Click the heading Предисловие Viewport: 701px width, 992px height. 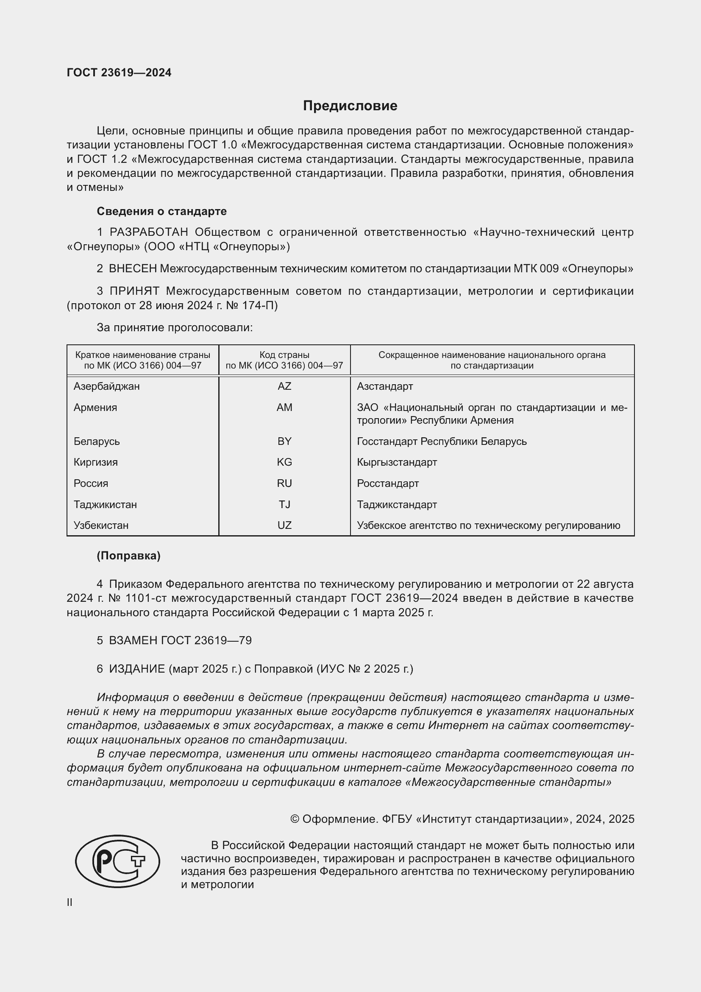350,106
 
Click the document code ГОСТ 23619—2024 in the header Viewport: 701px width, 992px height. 119,73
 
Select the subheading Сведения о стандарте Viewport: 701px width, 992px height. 161,211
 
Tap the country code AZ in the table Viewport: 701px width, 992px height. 284,386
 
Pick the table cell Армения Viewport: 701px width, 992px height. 95,408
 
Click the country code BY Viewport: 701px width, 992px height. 284,441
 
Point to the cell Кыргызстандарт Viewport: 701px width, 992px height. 397,462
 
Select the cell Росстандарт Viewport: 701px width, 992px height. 388,483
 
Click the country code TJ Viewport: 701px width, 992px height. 284,505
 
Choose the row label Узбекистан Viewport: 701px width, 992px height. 101,525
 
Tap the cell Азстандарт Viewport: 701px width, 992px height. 384,386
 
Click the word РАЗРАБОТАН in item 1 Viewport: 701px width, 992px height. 148,232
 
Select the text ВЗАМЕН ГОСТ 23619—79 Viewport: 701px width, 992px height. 180,641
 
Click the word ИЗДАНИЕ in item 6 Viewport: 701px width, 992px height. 137,669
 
